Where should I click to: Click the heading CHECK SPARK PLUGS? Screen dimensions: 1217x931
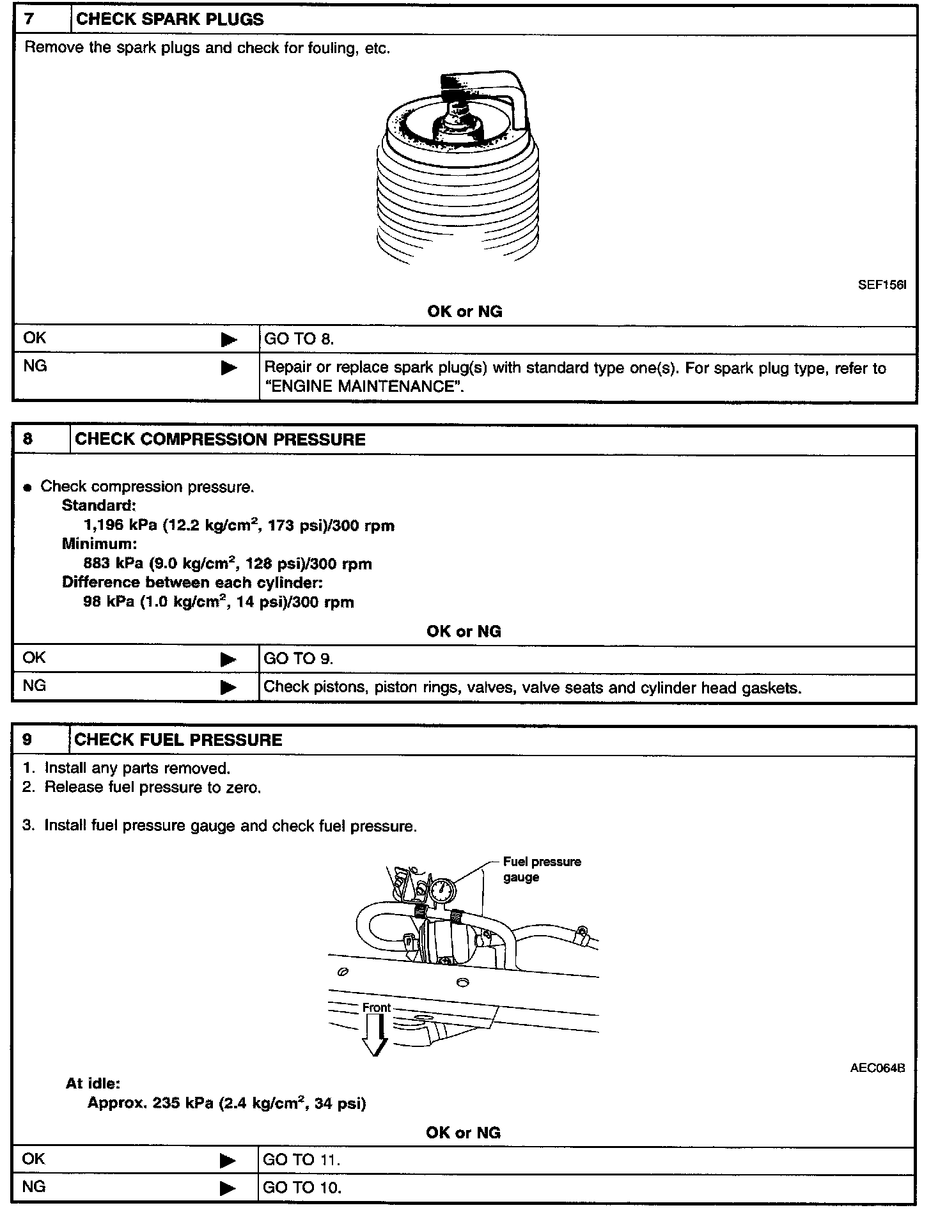pyautogui.click(x=169, y=19)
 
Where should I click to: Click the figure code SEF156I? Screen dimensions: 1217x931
pyautogui.click(x=882, y=285)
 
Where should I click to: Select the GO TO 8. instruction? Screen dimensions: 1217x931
pyautogui.click(x=299, y=339)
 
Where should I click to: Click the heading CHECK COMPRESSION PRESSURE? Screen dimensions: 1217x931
pyautogui.click(x=220, y=440)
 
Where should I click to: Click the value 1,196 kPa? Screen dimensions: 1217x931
pyautogui.click(x=120, y=526)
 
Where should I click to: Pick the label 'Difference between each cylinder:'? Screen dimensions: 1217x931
pyautogui.click(x=192, y=583)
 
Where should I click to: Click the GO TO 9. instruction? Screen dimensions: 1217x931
pyautogui.click(x=298, y=659)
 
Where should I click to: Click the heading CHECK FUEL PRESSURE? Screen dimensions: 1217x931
pyautogui.click(x=178, y=740)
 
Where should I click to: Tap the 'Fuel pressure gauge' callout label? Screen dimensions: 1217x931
pyautogui.click(x=541, y=869)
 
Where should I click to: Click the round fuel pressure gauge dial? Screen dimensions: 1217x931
pyautogui.click(x=442, y=890)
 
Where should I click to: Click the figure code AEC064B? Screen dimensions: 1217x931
pyautogui.click(x=877, y=1068)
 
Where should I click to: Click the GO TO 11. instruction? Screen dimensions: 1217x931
pyautogui.click(x=301, y=1160)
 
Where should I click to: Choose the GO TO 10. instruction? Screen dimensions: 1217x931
pyautogui.click(x=302, y=1188)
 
